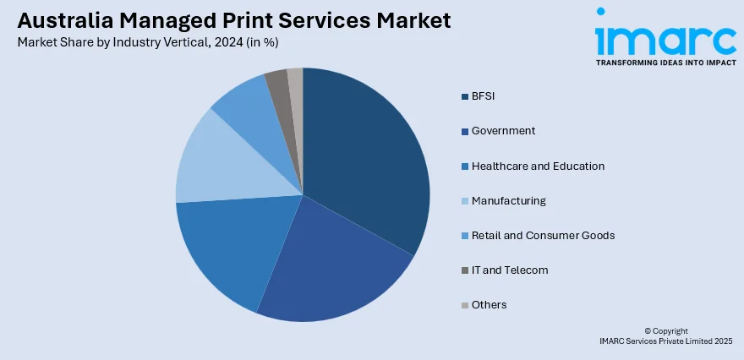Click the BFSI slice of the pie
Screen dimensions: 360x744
368,161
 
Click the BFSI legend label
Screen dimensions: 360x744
483,96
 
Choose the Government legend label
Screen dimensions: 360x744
503,131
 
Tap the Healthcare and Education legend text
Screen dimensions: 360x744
538,166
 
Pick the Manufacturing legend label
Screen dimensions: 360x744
508,200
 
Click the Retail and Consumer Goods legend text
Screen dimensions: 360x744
543,235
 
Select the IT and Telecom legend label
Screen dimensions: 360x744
510,270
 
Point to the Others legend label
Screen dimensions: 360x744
489,304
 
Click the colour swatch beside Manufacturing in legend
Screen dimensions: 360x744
465,201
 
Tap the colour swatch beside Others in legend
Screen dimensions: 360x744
465,305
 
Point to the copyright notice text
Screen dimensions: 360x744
665,335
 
